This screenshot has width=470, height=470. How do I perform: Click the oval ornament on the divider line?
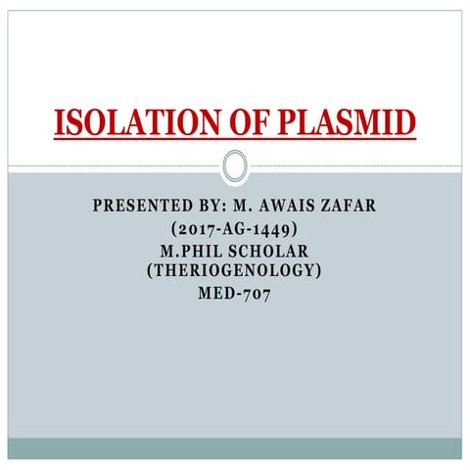234,165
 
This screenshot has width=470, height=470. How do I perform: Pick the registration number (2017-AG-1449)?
234,230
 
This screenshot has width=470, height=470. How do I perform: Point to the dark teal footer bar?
234,448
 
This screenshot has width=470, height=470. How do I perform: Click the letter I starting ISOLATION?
58,123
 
